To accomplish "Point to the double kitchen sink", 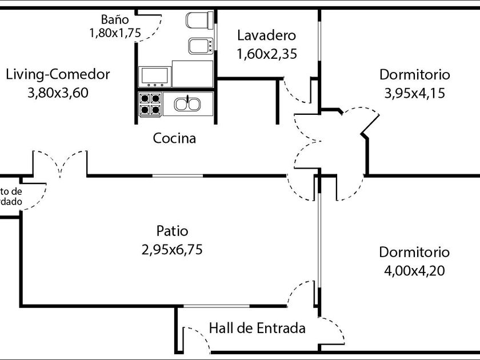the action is point(187,104).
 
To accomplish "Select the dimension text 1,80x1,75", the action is point(114,33).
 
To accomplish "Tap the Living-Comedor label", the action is point(58,75).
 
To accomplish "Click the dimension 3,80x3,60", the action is point(58,93).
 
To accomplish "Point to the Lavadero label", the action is point(266,35).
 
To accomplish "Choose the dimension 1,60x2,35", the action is point(266,54).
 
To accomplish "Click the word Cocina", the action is point(174,138).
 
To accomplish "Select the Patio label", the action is point(172,231).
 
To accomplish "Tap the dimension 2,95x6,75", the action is point(172,250).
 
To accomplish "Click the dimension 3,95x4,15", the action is point(414,93).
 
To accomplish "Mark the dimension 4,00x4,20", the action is point(414,270).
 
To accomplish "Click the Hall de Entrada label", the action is point(257,329).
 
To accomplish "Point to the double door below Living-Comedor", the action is point(60,163).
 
